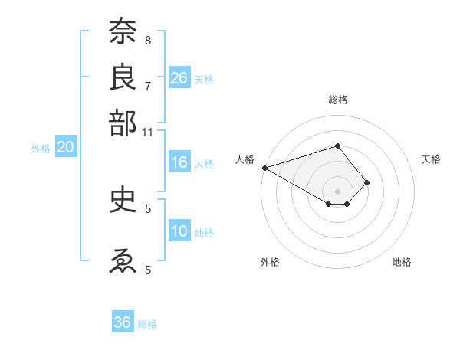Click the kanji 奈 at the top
click(x=123, y=31)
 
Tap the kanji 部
click(x=123, y=123)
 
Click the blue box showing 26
click(x=179, y=77)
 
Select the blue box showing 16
click(x=179, y=162)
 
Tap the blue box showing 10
click(x=179, y=232)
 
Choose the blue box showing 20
click(x=65, y=148)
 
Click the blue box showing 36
click(x=123, y=322)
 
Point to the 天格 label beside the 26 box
click(x=204, y=79)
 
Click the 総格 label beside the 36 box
click(x=147, y=324)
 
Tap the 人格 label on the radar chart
click(x=245, y=159)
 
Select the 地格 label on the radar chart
click(x=402, y=263)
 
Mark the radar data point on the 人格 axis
click(x=264, y=168)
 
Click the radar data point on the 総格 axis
click(x=337, y=146)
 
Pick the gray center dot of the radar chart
click(x=337, y=191)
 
